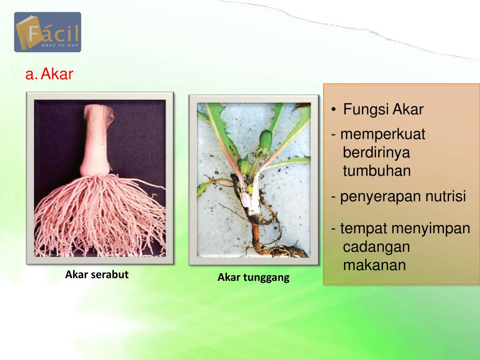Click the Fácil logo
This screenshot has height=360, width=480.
47,32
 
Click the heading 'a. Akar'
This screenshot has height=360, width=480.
49,74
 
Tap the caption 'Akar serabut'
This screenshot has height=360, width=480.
97,275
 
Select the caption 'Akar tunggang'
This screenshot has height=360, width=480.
253,277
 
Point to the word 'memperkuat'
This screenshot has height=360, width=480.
382,135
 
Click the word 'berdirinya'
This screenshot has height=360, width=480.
376,152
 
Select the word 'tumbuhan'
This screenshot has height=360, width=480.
376,171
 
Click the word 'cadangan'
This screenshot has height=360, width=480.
376,247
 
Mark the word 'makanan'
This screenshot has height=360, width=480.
374,265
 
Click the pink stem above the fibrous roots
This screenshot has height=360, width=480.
96,141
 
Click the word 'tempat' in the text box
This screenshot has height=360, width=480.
364,229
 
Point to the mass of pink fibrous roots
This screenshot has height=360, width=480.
98,216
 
